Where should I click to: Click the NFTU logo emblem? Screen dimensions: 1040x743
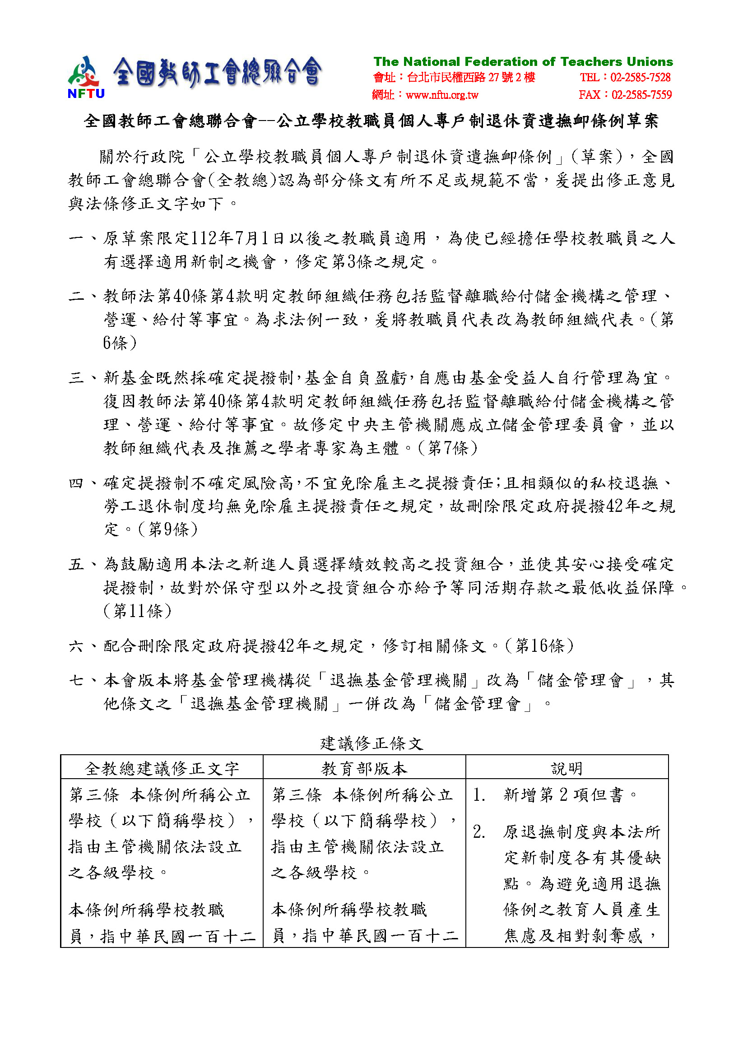85,73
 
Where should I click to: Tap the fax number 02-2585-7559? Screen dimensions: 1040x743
641,95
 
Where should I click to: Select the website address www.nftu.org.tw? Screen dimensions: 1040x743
442,95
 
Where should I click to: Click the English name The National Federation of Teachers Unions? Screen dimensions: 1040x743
523,62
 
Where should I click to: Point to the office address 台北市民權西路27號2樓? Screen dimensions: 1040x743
471,78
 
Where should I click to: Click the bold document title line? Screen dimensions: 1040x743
371,121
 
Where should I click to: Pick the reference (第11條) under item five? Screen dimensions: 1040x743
138,611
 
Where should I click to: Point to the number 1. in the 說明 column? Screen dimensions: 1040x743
479,795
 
